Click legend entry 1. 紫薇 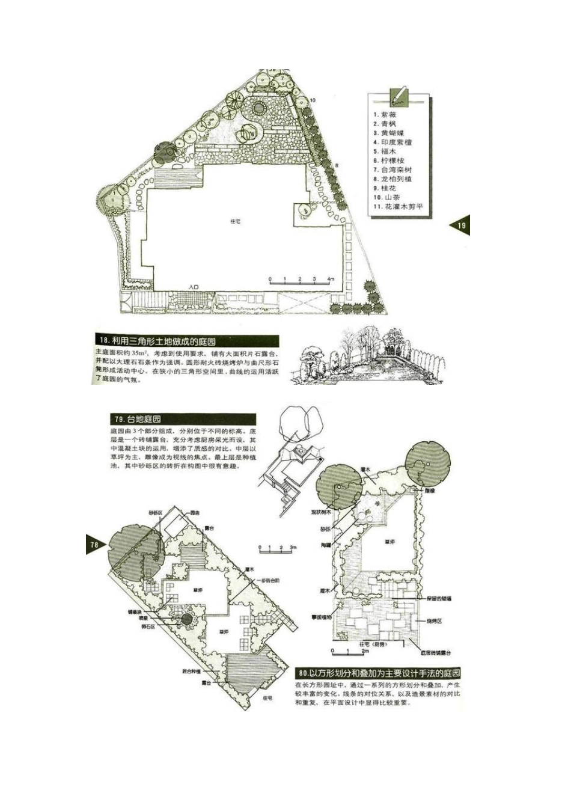385,114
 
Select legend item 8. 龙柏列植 392,179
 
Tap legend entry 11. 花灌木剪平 398,207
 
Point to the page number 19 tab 461,226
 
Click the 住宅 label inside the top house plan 236,221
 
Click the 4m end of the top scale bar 331,280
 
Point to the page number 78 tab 95,545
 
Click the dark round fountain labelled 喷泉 187,619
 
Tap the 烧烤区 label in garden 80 434,620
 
